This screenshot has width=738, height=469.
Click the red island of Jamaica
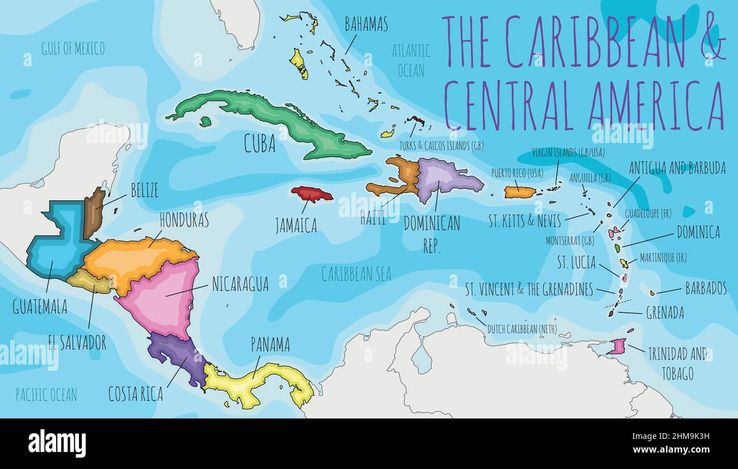coord(312,194)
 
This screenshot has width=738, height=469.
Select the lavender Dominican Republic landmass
coord(446,179)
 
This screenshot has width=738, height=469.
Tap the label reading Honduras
coord(184,220)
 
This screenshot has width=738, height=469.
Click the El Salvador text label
coord(77,342)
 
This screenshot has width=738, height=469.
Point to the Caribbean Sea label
coord(356,274)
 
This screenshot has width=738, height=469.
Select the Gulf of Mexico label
coord(73,49)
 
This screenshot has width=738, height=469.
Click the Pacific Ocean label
coord(46,395)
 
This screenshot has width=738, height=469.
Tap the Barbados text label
coord(706,288)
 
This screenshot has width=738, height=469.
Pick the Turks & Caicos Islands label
coord(441,146)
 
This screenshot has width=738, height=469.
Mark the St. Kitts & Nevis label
coord(525,220)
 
